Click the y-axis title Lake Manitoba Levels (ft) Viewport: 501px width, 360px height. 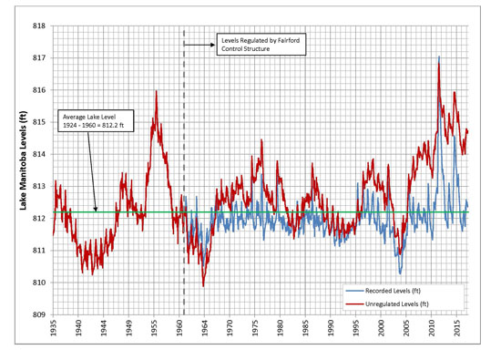tap(23, 169)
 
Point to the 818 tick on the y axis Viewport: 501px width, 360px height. tap(40, 26)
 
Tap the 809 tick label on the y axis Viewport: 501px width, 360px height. tap(40, 314)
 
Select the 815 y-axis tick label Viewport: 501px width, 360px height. tap(40, 122)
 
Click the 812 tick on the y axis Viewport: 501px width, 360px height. tap(40, 218)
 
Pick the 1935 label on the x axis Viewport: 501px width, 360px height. tap(54, 329)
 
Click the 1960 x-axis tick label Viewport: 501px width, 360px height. tap(179, 329)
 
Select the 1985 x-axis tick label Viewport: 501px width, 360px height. tap(305, 329)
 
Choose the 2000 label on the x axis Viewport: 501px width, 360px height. tap(381, 329)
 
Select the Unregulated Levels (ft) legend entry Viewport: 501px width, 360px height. tap(394, 303)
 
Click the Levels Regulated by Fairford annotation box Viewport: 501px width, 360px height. tap(248, 44)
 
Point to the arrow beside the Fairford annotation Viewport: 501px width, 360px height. tap(198, 44)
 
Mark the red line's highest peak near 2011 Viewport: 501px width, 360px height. tap(439, 57)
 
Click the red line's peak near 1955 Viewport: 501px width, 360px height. tap(157, 91)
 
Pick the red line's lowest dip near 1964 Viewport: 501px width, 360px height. tap(203, 285)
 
